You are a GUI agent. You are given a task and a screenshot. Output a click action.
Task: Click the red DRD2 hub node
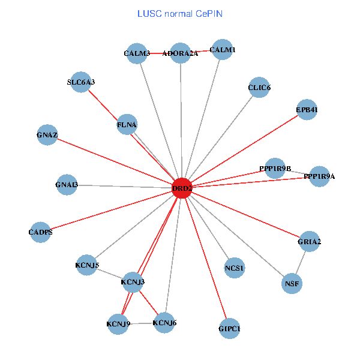tap(182, 188)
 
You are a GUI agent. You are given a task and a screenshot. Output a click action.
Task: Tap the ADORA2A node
tap(180, 53)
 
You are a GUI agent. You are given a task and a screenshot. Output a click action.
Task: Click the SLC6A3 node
tap(81, 82)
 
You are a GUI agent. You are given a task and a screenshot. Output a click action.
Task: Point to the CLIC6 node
tap(259, 88)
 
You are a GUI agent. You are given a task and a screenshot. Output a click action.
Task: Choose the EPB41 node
tap(307, 110)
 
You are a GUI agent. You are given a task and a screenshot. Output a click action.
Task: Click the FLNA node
tap(128, 124)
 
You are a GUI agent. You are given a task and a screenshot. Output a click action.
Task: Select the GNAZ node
tap(47, 135)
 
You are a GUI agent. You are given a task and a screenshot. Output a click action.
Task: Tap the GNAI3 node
tap(67, 185)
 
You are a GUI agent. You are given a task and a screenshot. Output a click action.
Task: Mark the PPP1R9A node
tap(319, 176)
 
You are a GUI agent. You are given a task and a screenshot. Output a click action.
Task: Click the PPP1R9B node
tap(275, 169)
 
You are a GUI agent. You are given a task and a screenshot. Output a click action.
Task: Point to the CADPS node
tap(40, 232)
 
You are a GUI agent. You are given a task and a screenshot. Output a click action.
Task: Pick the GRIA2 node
tap(309, 242)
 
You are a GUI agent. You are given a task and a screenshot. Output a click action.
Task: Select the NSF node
tap(292, 283)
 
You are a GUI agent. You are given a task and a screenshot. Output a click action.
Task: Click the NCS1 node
tap(235, 268)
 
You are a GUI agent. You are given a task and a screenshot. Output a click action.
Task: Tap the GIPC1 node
tap(230, 328)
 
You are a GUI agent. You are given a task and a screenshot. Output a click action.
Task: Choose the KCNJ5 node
tap(87, 265)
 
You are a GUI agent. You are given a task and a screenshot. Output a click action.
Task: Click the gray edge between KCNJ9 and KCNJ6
tap(142, 324)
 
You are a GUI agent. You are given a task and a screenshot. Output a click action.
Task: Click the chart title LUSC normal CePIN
tap(180, 13)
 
